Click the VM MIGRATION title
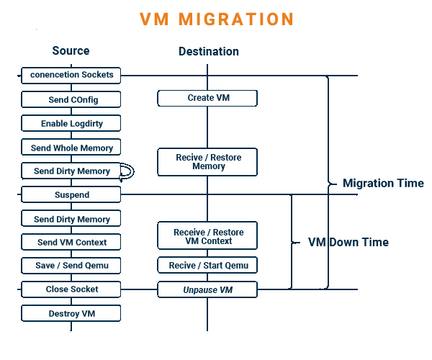coord(217,19)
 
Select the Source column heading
coord(71,50)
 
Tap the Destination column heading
coord(209,51)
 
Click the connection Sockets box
coord(71,75)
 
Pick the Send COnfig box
coord(71,99)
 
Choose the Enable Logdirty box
coord(71,123)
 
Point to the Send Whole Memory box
coord(71,148)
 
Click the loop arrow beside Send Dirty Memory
coord(127,171)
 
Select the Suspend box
coord(71,194)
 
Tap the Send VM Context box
coord(71,242)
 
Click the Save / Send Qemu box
coord(71,266)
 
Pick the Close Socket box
coord(71,289)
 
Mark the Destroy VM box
coord(71,313)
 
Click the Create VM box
coord(208,98)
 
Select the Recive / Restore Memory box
coord(208,162)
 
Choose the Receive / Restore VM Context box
coord(208,236)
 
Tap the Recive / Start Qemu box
coord(208,266)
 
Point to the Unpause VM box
coord(208,289)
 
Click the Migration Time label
coord(383,183)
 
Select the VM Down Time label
coord(348,242)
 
